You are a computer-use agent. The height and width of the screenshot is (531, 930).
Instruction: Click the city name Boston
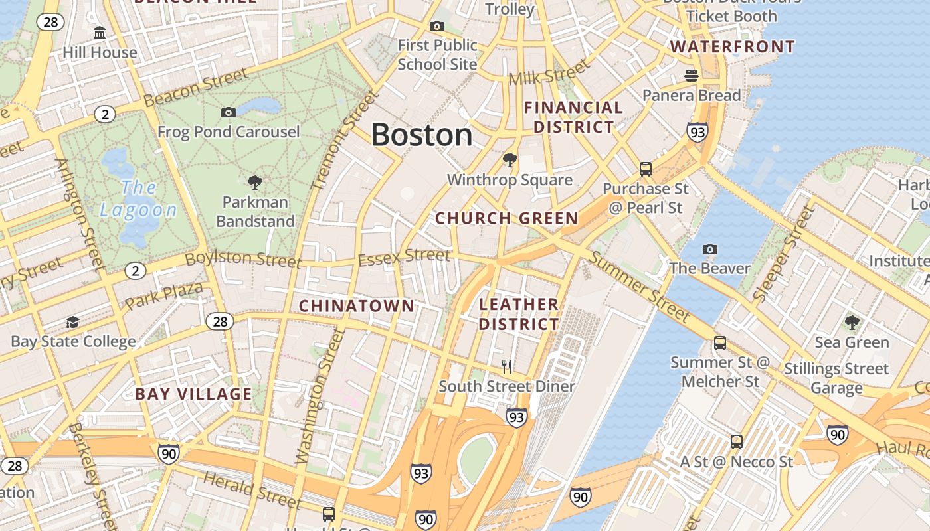click(421, 135)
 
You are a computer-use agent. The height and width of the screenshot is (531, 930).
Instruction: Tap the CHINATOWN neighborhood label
click(357, 305)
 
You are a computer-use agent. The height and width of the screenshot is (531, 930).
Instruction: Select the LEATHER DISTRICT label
click(519, 314)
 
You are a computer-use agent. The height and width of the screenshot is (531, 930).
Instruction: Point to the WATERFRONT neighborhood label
click(733, 47)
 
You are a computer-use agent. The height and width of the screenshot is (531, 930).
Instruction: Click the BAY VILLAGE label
click(193, 394)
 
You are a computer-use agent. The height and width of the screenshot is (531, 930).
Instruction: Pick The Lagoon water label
click(138, 198)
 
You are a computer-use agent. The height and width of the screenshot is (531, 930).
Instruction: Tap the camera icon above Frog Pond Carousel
click(229, 112)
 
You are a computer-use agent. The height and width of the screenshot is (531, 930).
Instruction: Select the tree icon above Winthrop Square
click(510, 160)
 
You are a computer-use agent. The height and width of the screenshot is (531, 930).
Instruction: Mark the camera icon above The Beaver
click(710, 249)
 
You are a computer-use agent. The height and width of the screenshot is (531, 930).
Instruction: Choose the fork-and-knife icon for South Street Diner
click(507, 366)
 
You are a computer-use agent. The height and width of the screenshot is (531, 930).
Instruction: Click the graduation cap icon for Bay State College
click(72, 322)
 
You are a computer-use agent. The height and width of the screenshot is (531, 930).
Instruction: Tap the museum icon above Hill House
click(100, 33)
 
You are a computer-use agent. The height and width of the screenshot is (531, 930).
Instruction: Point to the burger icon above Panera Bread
click(692, 75)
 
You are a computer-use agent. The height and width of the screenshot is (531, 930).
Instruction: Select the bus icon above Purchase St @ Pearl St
click(645, 169)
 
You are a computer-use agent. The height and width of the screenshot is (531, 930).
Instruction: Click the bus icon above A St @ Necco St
click(736, 441)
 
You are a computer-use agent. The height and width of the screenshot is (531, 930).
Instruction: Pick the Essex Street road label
click(404, 256)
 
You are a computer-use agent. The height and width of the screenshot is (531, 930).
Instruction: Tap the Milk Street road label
click(549, 72)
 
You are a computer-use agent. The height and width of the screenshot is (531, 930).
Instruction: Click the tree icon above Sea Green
click(852, 323)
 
